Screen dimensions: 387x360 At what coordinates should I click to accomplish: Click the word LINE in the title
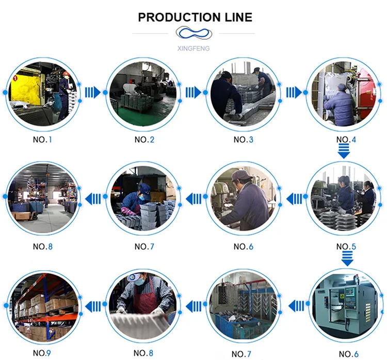[235, 17]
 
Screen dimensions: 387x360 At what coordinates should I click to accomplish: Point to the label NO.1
[42, 140]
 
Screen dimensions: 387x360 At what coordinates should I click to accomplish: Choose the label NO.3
[244, 140]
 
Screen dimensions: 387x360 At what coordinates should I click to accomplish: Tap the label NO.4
[346, 140]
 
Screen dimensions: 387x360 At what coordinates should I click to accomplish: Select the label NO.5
[346, 247]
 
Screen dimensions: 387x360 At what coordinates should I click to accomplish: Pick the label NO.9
[42, 353]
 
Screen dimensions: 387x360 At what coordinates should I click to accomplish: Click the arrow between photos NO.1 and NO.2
[92, 92]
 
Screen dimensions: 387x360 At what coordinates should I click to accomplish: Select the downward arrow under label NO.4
[344, 152]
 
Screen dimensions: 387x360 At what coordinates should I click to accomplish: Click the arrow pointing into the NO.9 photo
[92, 306]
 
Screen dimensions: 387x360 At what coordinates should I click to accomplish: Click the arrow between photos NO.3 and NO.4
[294, 92]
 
